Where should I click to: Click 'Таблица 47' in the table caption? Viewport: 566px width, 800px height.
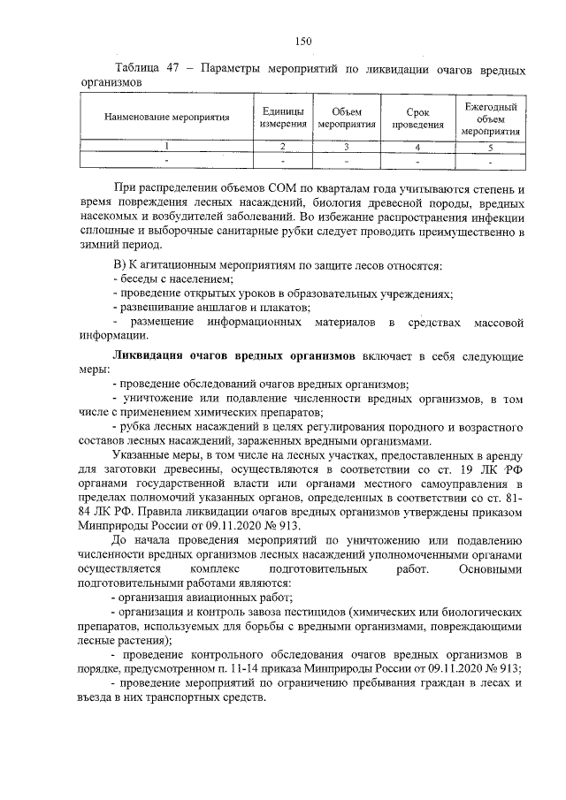[142, 69]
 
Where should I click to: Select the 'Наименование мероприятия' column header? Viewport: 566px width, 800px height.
[167, 117]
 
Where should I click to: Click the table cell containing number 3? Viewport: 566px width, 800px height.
[347, 146]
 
